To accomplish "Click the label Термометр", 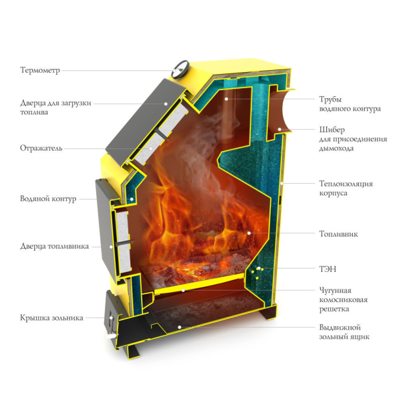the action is point(40,70).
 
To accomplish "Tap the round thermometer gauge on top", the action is point(180,69).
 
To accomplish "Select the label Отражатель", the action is point(41,148).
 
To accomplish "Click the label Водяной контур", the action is point(48,198).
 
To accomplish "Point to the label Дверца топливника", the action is point(54,246).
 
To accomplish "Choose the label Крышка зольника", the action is point(51,318).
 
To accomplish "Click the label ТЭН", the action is point(327,269).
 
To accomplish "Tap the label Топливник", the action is point(338,234).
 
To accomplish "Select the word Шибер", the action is point(331,130).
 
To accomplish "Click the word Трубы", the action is point(330,100).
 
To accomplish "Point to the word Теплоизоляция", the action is point(346,184).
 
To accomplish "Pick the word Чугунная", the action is point(335,291).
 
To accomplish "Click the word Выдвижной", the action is point(340,327).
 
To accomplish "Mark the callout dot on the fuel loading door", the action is point(166,104).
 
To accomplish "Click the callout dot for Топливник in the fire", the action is point(249,233).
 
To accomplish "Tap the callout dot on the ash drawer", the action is point(180,327).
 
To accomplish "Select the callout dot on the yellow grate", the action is point(183,290).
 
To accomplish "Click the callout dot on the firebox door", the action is point(111,247).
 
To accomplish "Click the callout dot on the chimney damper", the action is point(279,129).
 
